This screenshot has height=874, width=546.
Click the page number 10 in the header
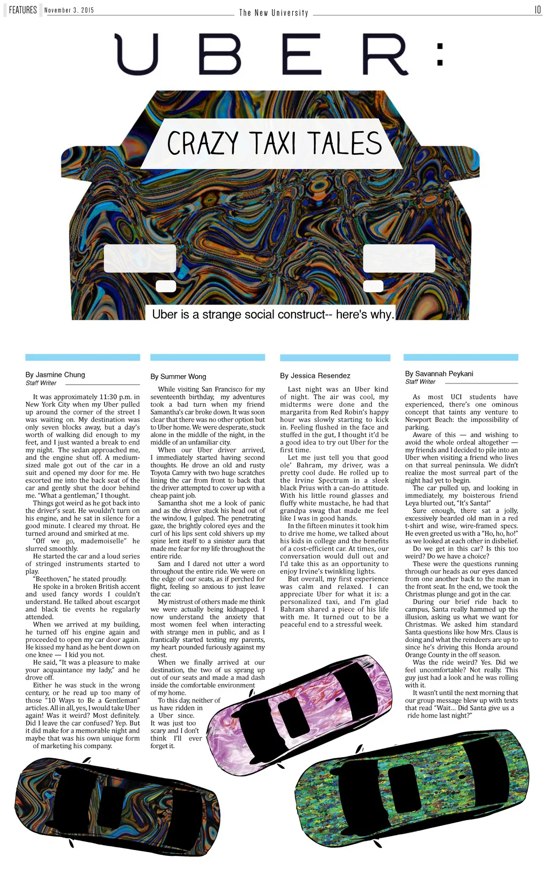537,10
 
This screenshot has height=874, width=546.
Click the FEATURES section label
23,10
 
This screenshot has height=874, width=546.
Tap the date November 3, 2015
69,11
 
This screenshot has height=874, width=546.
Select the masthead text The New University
274,13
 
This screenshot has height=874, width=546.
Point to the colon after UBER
440,54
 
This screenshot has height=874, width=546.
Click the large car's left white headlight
140,258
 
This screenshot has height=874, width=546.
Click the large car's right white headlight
399,258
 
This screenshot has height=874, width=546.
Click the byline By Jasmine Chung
55,375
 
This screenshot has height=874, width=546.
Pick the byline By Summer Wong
178,376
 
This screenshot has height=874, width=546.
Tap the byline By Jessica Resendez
315,376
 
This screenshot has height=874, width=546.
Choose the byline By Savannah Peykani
439,374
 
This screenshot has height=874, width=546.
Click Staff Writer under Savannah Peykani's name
420,382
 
